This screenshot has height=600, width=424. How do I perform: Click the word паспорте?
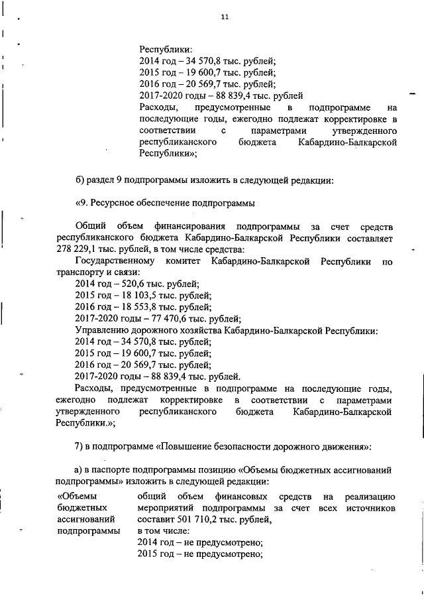[109, 470]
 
